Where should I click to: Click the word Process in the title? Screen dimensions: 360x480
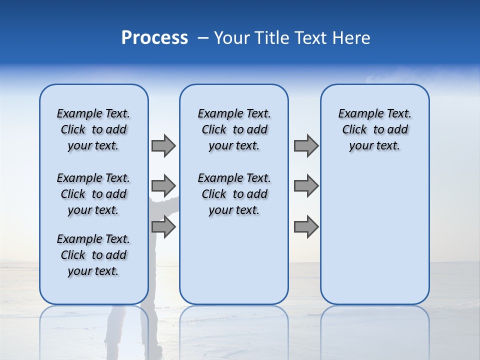pyautogui.click(x=154, y=38)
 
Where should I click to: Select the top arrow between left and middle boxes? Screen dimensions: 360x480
pyautogui.click(x=163, y=145)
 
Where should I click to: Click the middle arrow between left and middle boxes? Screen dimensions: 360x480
pyautogui.click(x=163, y=186)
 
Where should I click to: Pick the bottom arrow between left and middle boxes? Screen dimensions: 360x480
pyautogui.click(x=163, y=227)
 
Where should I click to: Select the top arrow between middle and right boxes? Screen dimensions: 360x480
pyautogui.click(x=306, y=145)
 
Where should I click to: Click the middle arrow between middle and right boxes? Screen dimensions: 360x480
pyautogui.click(x=306, y=186)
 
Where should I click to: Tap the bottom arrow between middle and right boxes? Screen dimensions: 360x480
pyautogui.click(x=306, y=227)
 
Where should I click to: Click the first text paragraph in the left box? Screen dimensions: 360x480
pyautogui.click(x=93, y=129)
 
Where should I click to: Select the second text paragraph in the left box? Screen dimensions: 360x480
pyautogui.click(x=93, y=194)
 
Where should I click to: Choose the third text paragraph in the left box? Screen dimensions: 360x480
pyautogui.click(x=93, y=255)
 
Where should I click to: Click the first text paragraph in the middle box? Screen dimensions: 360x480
pyautogui.click(x=234, y=129)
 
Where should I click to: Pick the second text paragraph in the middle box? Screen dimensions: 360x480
pyautogui.click(x=234, y=194)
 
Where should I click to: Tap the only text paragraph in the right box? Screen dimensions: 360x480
pyautogui.click(x=374, y=129)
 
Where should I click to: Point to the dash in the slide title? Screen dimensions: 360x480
pyautogui.click(x=203, y=38)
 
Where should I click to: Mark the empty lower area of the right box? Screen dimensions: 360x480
pyautogui.click(x=374, y=235)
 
